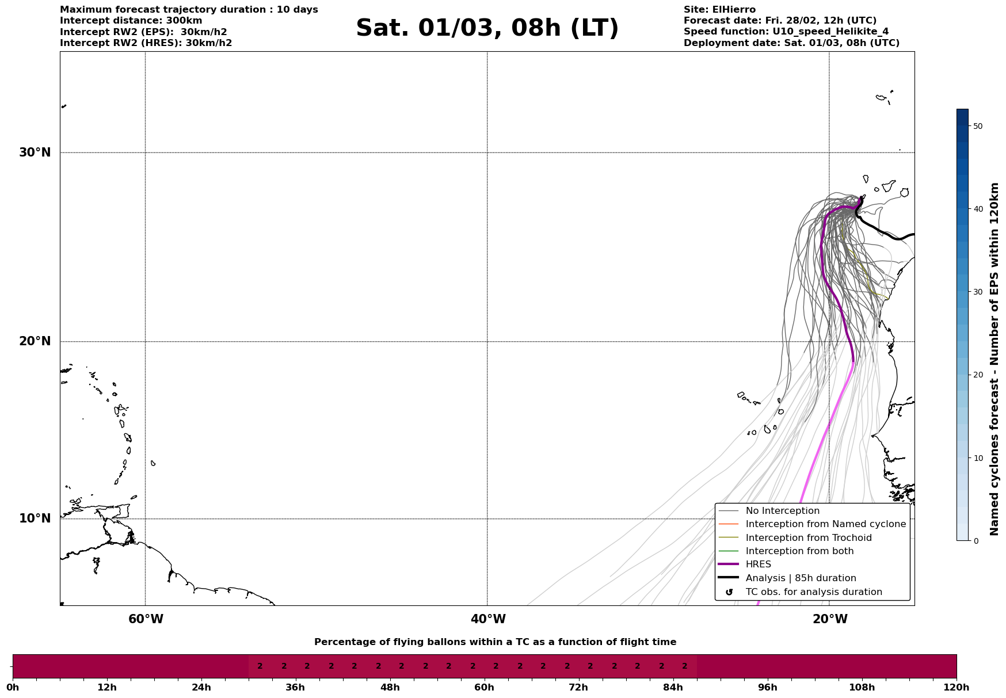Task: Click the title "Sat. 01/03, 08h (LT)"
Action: click(487, 28)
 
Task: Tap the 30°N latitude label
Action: click(35, 152)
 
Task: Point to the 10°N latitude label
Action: click(35, 518)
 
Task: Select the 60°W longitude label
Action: click(146, 619)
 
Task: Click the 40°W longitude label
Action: click(488, 619)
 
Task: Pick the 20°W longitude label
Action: click(830, 619)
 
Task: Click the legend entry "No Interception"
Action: click(782, 511)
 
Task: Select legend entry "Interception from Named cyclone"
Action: click(825, 524)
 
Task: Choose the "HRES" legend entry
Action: click(758, 564)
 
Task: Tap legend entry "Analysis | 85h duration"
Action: click(801, 578)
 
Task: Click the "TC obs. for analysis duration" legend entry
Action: click(813, 592)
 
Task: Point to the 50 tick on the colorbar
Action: click(978, 126)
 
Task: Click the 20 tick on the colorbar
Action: click(978, 375)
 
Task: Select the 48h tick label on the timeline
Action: click(390, 688)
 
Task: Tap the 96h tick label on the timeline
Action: click(768, 688)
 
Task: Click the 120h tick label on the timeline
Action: click(956, 688)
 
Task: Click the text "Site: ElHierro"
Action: click(719, 10)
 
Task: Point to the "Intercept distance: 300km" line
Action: click(131, 21)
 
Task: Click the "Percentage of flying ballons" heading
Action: click(495, 642)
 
